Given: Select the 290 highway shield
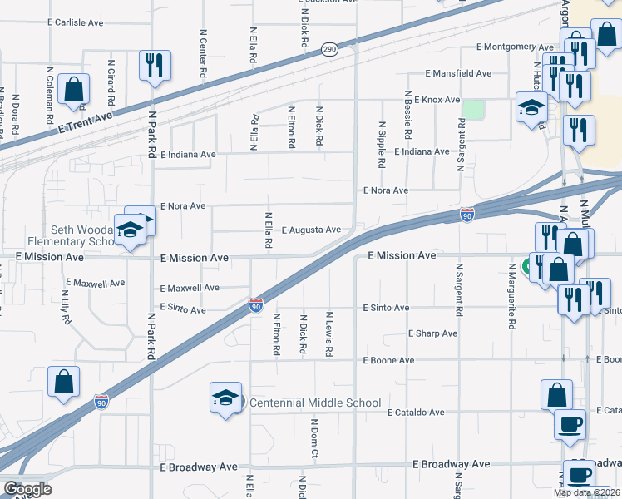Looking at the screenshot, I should click(x=329, y=50).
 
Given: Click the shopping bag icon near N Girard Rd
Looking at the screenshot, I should click(x=74, y=90).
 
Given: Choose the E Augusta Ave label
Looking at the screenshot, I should click(x=311, y=230).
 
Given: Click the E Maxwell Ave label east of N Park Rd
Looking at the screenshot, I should click(x=190, y=288).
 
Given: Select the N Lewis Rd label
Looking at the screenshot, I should click(x=329, y=334).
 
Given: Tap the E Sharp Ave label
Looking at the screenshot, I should click(x=432, y=333).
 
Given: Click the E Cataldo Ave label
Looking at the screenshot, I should click(x=417, y=412).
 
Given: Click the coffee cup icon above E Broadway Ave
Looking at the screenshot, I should click(x=570, y=424).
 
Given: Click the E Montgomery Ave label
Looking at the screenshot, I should click(x=514, y=47).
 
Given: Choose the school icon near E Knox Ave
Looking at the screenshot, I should click(x=531, y=108).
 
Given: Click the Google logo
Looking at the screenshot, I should click(x=27, y=489).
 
